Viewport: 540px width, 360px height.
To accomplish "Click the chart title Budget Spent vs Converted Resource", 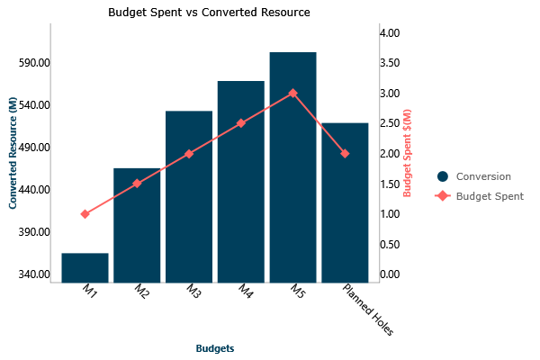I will pos(209,13).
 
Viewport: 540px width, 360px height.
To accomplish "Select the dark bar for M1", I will pos(85,267).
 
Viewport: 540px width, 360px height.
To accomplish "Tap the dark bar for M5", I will pos(292,167).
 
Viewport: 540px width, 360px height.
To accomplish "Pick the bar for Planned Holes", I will pos(345,202).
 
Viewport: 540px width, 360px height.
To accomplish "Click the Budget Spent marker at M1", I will pos(85,214).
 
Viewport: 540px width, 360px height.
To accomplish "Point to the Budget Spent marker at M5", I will pos(292,93).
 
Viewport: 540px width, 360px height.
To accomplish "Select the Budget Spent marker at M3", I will pos(189,154).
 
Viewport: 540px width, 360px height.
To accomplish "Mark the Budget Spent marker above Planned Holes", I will pos(345,154).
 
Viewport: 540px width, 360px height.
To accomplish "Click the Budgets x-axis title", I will pos(215,347).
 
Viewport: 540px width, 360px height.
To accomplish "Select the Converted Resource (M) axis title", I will pos(13,154).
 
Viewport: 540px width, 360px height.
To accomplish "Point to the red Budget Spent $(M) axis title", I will pos(407,154).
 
